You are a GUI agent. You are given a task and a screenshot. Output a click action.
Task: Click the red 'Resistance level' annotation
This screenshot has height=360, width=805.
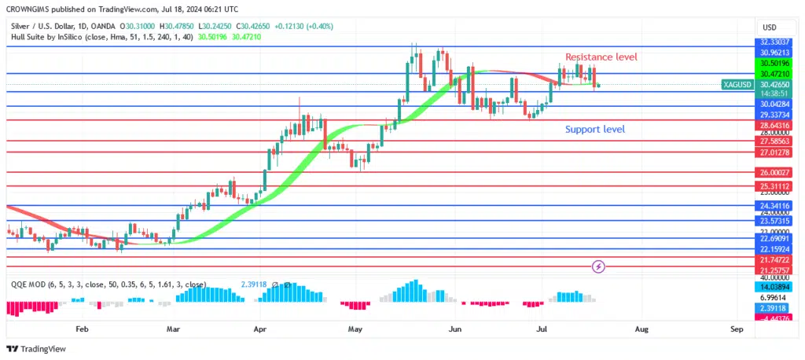point(601,57)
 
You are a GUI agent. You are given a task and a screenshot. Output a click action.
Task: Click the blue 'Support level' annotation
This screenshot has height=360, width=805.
point(595,129)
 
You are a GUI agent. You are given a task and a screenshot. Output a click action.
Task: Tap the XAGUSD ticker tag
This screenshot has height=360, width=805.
point(736,84)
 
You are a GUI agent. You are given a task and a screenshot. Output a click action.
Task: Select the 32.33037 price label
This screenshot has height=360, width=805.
point(774,42)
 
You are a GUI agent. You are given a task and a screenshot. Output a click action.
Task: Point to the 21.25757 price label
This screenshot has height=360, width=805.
point(774,269)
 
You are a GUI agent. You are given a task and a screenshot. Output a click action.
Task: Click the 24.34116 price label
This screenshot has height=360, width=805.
point(774,205)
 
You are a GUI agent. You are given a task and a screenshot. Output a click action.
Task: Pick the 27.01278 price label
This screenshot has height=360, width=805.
point(774,152)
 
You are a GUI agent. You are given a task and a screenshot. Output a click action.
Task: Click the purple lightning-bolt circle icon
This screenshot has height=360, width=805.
point(600,266)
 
